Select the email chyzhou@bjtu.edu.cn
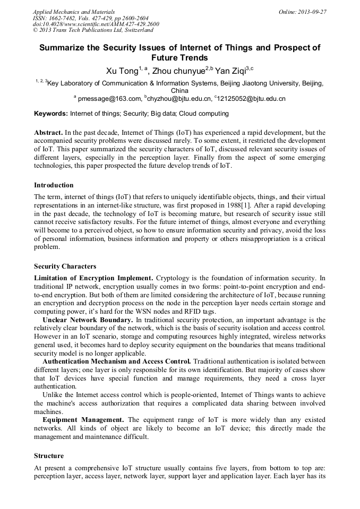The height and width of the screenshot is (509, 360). pos(180,98)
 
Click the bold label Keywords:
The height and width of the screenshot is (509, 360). pos(51,114)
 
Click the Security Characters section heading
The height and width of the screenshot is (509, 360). pos(65,266)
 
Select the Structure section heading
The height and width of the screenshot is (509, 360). pos(49,456)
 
